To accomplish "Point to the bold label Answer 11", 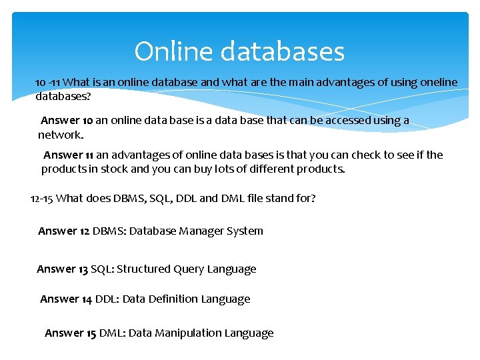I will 69,155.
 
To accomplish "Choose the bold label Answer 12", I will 63,231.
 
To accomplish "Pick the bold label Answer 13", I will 62,269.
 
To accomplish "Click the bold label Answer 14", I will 66,299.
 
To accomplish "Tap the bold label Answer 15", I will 70,333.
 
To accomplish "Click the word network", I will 61,135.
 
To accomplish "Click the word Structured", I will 143,269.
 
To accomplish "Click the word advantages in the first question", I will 337,82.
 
